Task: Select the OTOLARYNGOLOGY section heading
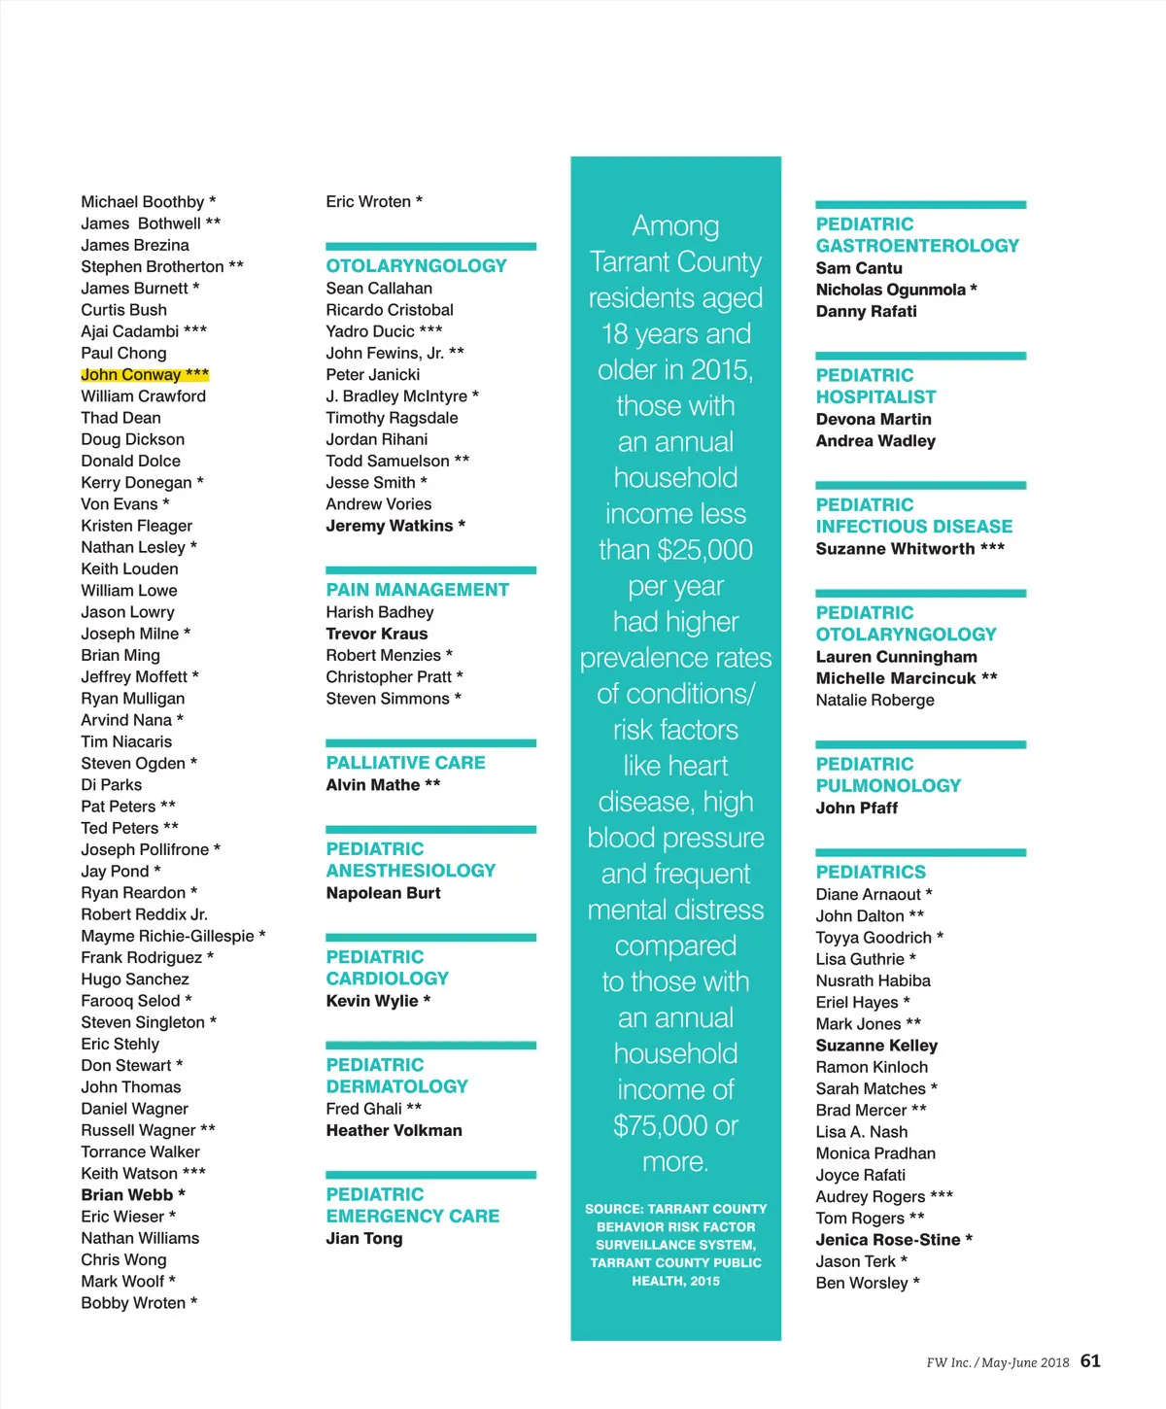416,266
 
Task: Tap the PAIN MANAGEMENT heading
417,590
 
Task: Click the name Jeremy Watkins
390,526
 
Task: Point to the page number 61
1090,1361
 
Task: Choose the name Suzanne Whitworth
895,549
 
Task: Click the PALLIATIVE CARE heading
405,763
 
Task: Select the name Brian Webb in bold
127,1195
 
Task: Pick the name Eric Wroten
368,202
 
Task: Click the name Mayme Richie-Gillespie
167,937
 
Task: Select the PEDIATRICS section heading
871,873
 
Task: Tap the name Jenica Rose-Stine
887,1240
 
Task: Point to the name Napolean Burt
383,893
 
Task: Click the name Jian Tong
363,1239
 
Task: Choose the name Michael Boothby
143,202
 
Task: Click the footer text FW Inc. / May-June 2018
997,1363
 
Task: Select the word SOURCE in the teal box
612,1210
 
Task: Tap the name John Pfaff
856,808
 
